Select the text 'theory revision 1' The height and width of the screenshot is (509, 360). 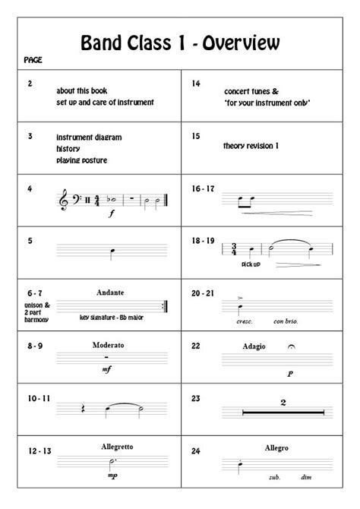(251, 146)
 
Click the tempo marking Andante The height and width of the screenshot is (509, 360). (110, 292)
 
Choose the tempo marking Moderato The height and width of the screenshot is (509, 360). (108, 345)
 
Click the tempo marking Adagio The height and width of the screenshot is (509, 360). (255, 346)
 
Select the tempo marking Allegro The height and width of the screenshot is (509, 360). (277, 448)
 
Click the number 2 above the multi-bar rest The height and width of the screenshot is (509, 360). (283, 401)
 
